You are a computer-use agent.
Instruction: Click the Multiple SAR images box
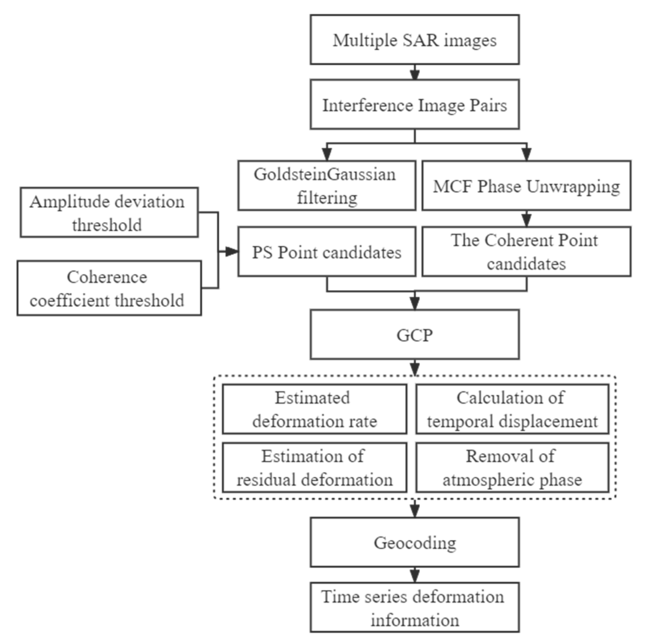pos(415,40)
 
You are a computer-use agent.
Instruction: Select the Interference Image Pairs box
pos(415,104)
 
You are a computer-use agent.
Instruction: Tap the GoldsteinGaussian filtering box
pos(326,185)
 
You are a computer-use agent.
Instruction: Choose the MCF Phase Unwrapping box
pos(526,185)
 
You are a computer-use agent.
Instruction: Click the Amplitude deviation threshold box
pos(109,212)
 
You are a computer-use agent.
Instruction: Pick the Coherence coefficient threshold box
pos(109,288)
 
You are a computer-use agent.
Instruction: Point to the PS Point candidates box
pos(326,252)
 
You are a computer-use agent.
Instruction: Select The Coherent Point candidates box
pos(526,252)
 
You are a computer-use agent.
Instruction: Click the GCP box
pos(415,335)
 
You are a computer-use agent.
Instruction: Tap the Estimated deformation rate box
pos(314,409)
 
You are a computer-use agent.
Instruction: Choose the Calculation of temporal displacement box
pos(512,409)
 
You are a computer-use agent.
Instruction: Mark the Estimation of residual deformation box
pos(314,467)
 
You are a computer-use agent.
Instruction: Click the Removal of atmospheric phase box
pos(512,467)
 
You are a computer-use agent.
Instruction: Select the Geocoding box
pos(415,542)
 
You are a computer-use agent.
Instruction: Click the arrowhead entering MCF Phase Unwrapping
pos(526,154)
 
